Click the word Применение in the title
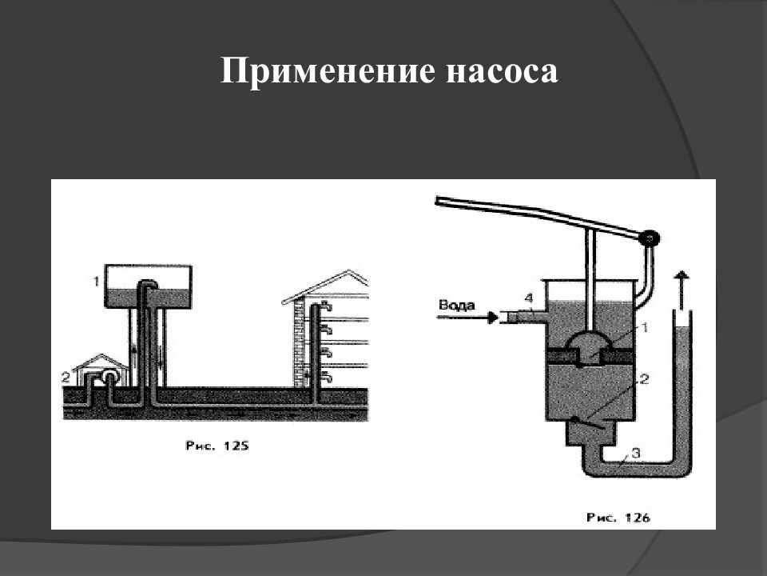click(x=328, y=71)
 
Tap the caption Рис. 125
click(x=217, y=446)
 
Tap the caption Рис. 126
click(x=618, y=518)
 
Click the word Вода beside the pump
click(x=457, y=305)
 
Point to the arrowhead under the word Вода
click(x=493, y=318)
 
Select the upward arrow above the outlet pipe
click(x=682, y=289)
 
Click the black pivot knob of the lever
click(x=649, y=238)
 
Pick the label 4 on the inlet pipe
click(x=528, y=298)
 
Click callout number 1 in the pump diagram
click(x=645, y=327)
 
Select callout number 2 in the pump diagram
click(x=644, y=378)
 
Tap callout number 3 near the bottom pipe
click(x=636, y=453)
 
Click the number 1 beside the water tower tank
click(x=97, y=281)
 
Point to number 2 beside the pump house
click(x=66, y=377)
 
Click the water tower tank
click(x=149, y=286)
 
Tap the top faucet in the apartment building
click(x=326, y=307)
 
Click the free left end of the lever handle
click(x=437, y=200)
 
